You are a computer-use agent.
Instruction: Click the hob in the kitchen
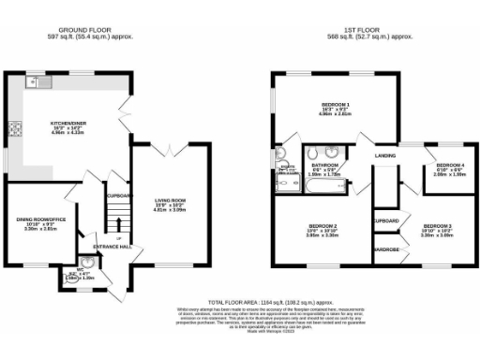click(15, 130)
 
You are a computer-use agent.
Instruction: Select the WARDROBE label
click(386, 250)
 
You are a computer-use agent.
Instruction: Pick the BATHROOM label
click(323, 165)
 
